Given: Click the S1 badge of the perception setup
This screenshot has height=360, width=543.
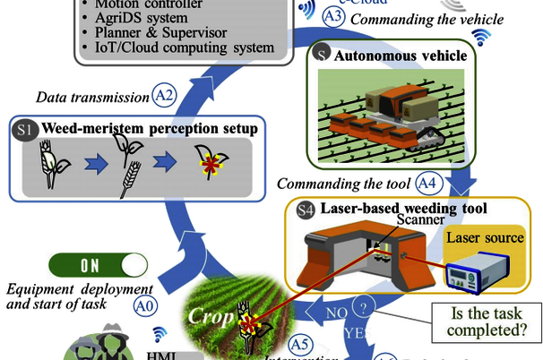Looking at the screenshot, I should pyautogui.click(x=25, y=129).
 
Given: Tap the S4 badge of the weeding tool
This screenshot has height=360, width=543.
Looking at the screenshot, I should pyautogui.click(x=304, y=210).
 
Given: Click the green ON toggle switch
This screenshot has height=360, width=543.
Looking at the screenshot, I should pyautogui.click(x=99, y=265).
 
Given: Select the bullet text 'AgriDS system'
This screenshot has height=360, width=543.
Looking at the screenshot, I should pyautogui.click(x=142, y=17).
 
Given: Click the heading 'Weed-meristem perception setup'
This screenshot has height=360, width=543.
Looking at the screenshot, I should pyautogui.click(x=149, y=129).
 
